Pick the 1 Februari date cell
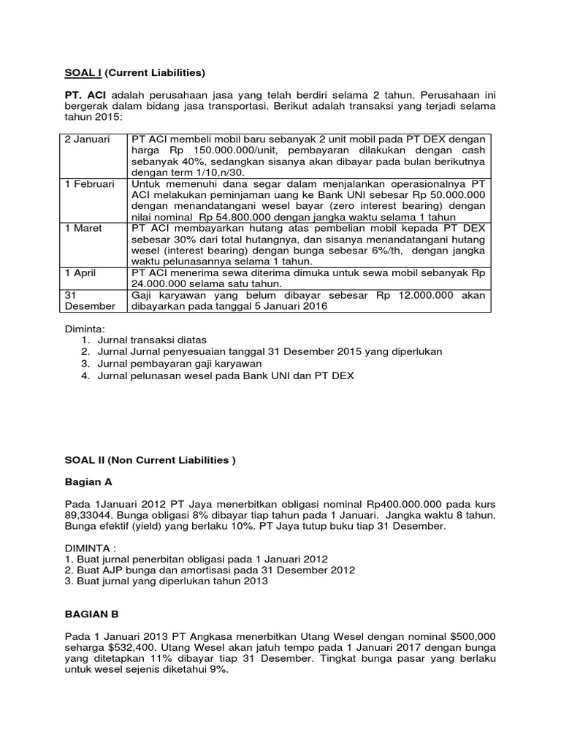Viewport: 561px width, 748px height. pyautogui.click(x=89, y=184)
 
